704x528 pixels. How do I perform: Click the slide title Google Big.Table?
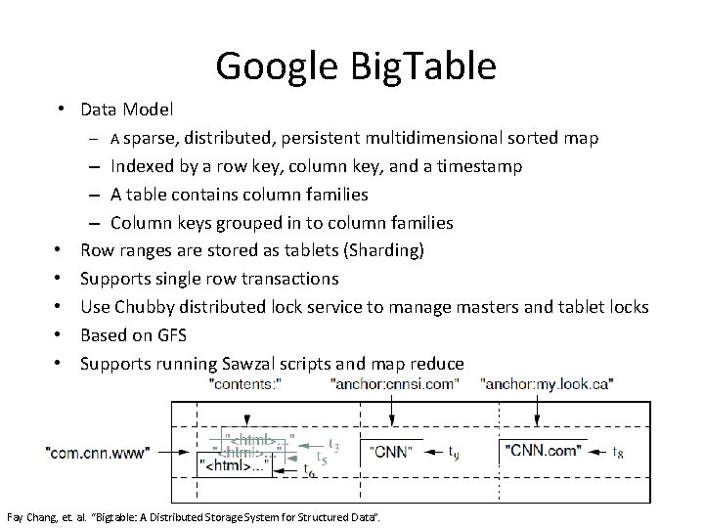pos(356,66)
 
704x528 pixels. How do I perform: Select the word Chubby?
pos(144,307)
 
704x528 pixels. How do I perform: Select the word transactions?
pos(291,279)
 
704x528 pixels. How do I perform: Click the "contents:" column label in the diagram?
pos(245,384)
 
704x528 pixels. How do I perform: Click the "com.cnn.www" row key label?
pos(97,452)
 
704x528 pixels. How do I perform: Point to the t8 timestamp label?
pos(617,453)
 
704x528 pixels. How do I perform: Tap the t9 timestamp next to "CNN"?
pos(454,453)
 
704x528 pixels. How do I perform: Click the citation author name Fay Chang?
pos(27,514)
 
